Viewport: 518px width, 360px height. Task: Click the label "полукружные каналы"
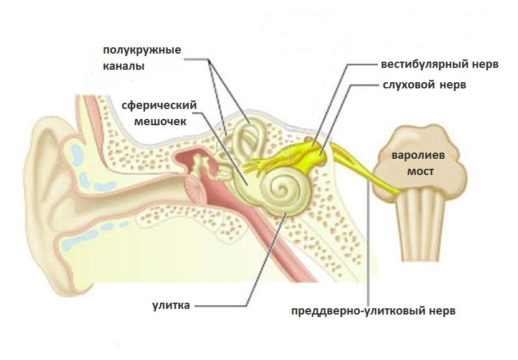pyautogui.click(x=142, y=58)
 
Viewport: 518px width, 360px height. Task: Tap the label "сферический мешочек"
pyautogui.click(x=160, y=113)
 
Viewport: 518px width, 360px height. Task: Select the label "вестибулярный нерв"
pyautogui.click(x=439, y=64)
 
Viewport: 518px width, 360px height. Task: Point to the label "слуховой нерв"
pyautogui.click(x=424, y=85)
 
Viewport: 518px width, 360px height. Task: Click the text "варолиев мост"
pyautogui.click(x=418, y=163)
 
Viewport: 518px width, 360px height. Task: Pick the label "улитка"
pyautogui.click(x=171, y=305)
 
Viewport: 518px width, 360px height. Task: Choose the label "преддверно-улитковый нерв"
pyautogui.click(x=373, y=311)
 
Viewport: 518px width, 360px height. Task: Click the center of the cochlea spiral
pyautogui.click(x=282, y=189)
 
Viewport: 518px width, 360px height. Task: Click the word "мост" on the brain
pyautogui.click(x=420, y=171)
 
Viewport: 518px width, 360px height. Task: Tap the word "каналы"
pyautogui.click(x=123, y=66)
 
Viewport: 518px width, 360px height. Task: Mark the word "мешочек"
pyautogui.click(x=160, y=121)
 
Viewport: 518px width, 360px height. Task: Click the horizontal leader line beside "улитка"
pyautogui.click(x=221, y=306)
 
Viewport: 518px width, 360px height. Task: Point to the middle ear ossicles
pyautogui.click(x=201, y=165)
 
